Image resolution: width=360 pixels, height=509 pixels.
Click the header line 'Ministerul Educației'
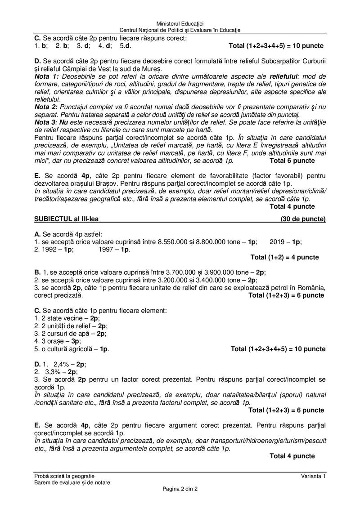tap(180, 23)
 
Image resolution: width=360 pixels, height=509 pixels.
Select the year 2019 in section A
tap(278, 241)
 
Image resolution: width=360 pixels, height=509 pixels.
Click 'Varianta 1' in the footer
tap(314, 476)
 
